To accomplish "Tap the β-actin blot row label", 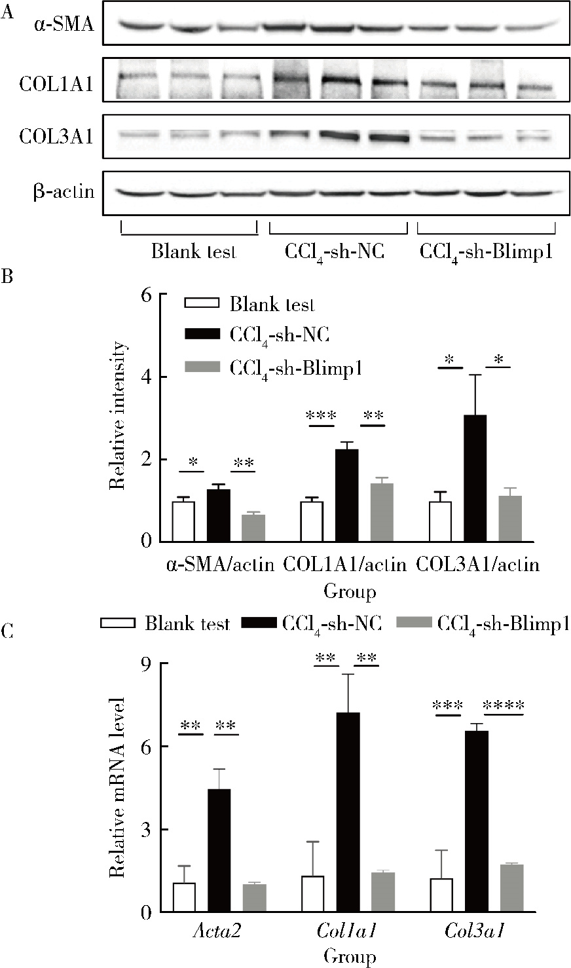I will pos(64,193).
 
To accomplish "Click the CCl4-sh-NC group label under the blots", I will pos(334,252).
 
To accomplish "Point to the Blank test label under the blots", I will pos(193,252).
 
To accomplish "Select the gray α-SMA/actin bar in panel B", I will pos(253,528).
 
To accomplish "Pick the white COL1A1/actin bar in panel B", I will pos(312,521).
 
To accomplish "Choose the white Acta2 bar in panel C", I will pos(184,897).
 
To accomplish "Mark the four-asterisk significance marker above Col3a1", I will pos(504,706).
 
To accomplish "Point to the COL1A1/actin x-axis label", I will pos(345,564).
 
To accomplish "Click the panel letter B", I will pos(7,277).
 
